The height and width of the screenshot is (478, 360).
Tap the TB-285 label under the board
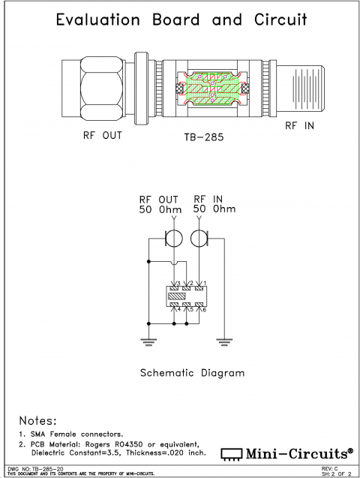coord(205,138)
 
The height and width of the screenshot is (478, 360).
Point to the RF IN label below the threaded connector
coord(298,126)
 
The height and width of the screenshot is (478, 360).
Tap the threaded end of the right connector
coord(305,89)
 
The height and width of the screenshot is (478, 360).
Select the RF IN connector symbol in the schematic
coord(199,239)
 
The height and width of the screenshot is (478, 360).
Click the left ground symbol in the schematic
coord(148,341)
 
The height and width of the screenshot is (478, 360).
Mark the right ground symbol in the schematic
coord(223,341)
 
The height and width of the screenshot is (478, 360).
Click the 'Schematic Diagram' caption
coord(192,372)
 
